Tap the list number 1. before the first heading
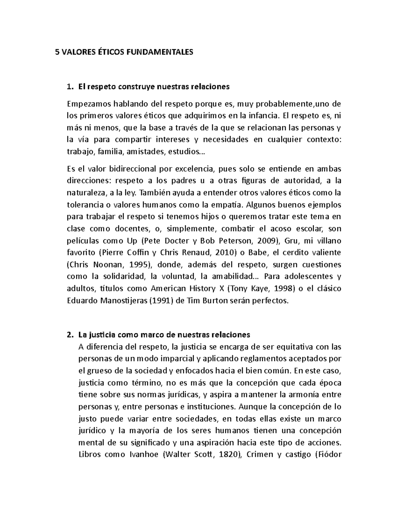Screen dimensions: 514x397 point(69,87)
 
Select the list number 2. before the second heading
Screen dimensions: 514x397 point(69,335)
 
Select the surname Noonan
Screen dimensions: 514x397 point(108,265)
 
